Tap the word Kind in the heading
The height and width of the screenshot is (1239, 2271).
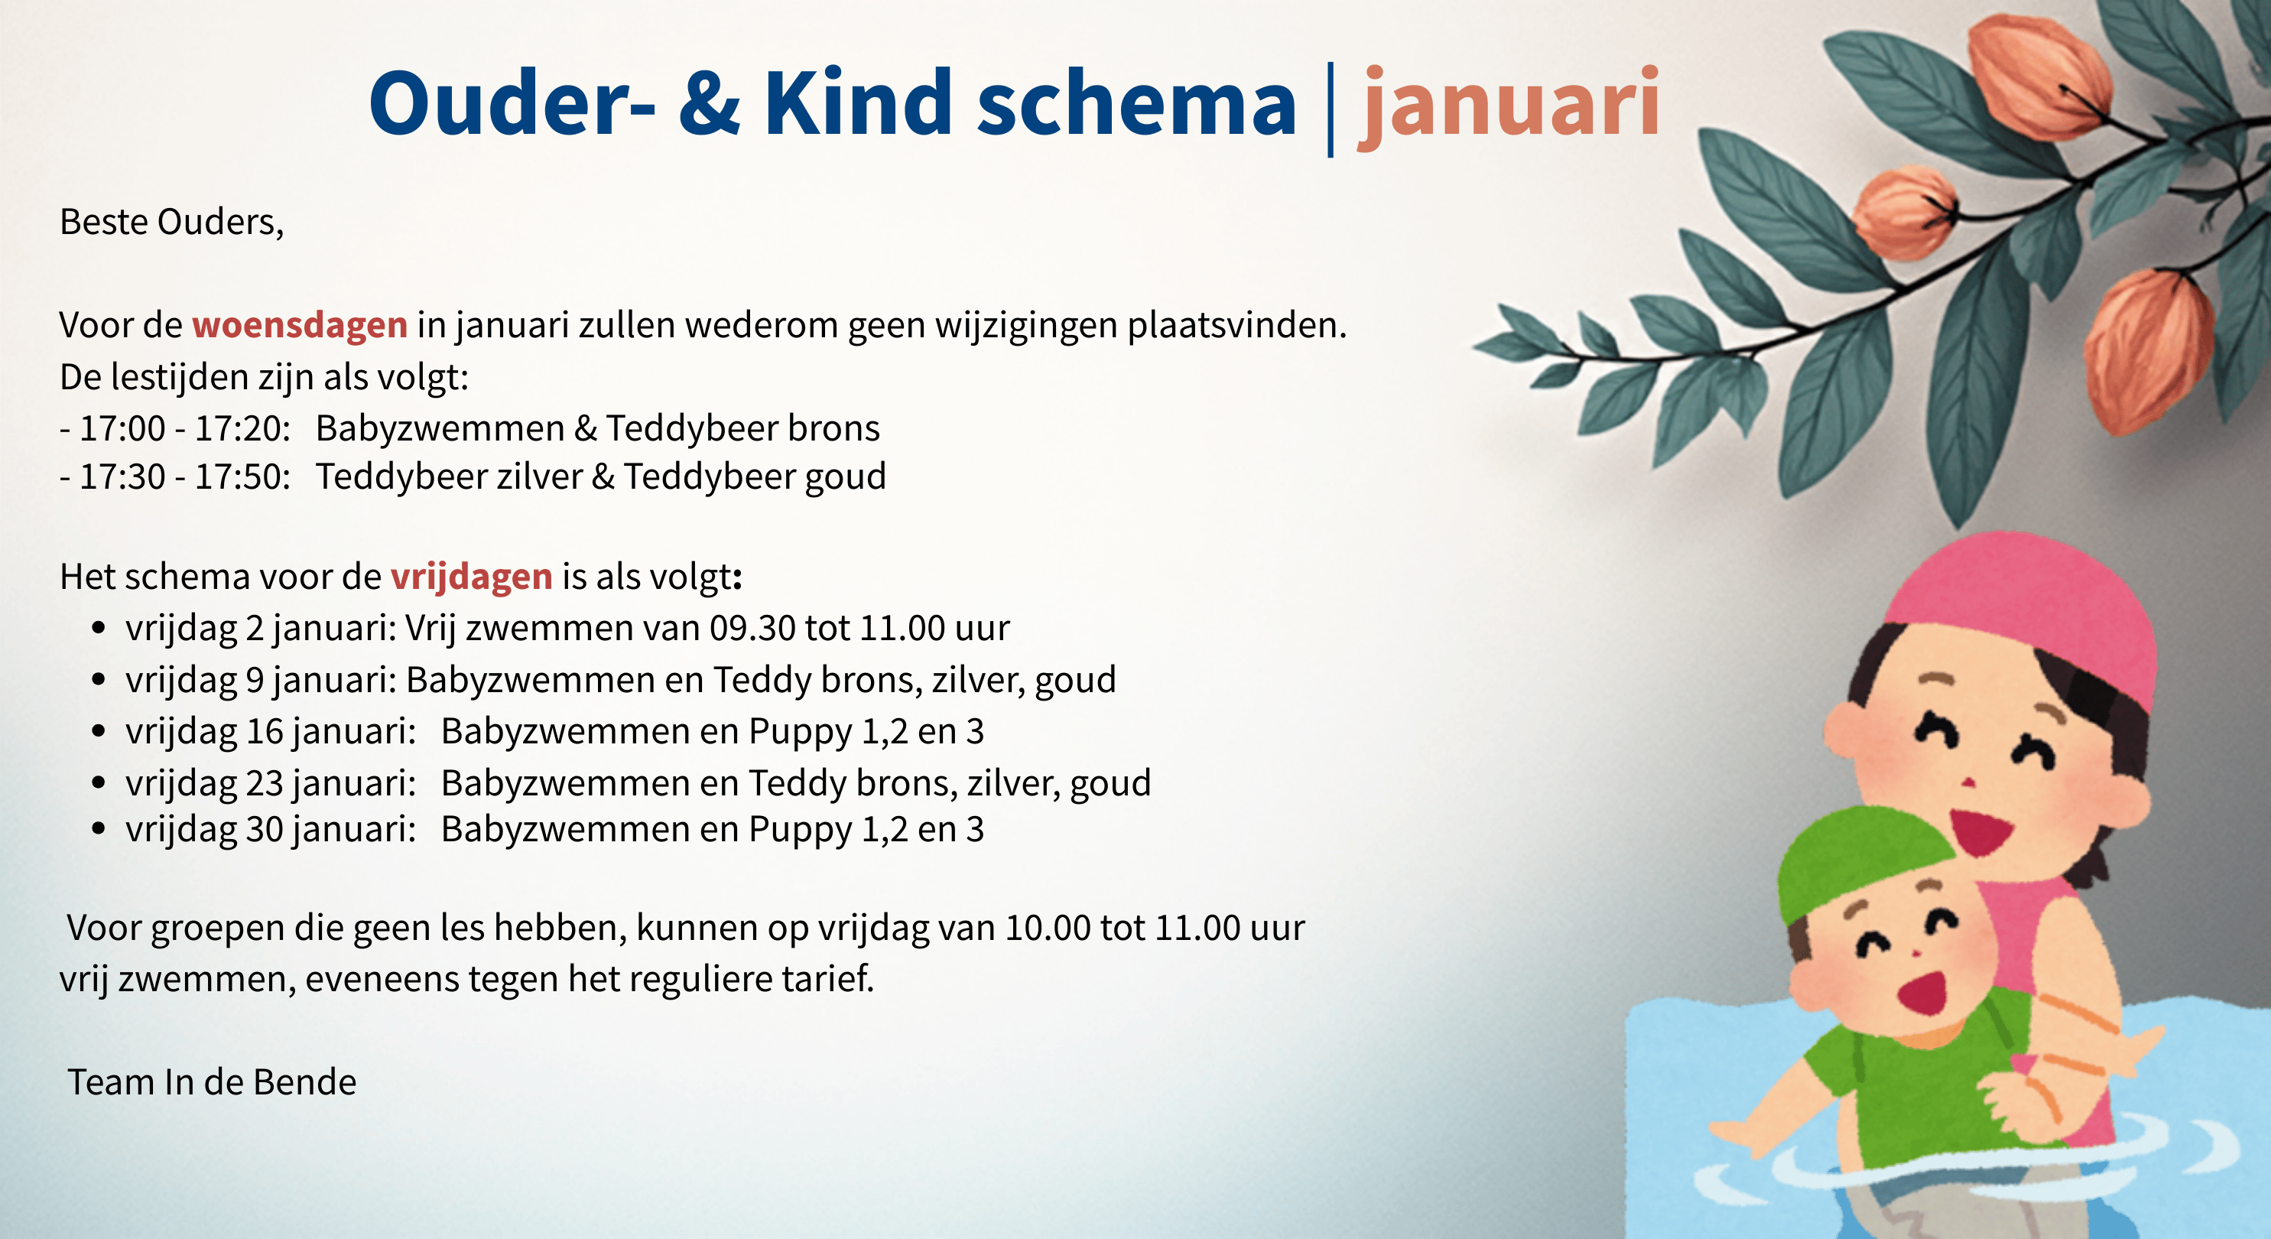click(858, 102)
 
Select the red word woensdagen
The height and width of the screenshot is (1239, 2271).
click(300, 325)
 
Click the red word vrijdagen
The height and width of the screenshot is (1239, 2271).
click(472, 577)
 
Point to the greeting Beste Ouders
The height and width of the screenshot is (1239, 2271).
click(171, 223)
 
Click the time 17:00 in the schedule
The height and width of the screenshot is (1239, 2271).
click(122, 428)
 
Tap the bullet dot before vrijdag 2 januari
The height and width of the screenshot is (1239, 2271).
click(99, 628)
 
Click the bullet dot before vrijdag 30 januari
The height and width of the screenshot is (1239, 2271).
click(99, 829)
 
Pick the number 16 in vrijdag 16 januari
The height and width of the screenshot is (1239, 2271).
click(265, 732)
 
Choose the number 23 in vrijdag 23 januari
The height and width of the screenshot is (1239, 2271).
click(265, 783)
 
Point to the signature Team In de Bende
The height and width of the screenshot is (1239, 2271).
click(213, 1082)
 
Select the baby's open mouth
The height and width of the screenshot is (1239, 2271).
click(1923, 993)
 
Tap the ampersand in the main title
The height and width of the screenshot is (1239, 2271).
click(710, 102)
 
